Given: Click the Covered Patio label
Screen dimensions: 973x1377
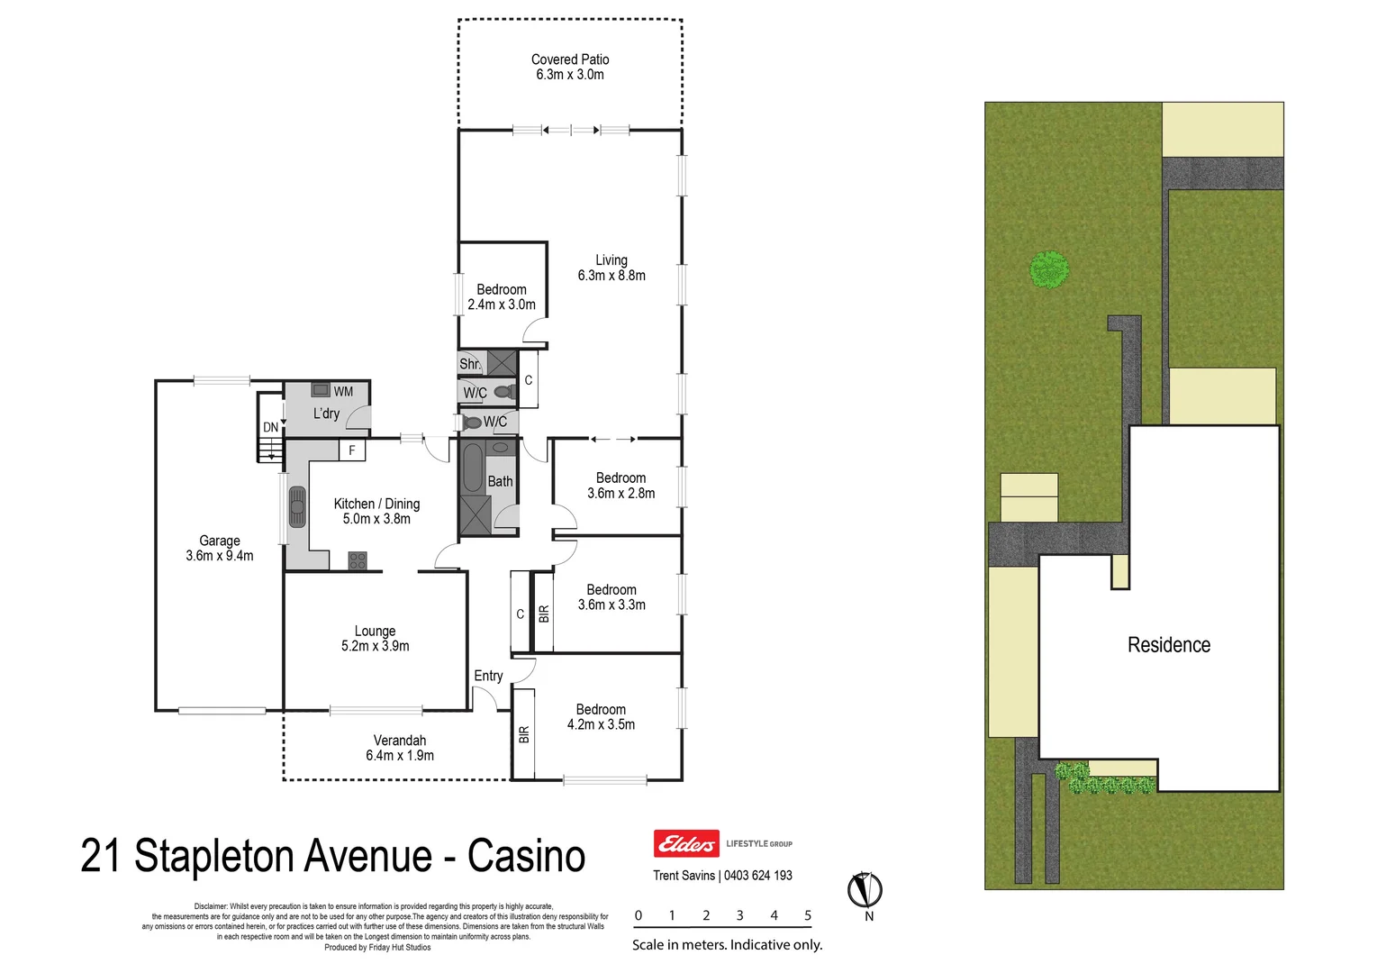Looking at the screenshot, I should coord(570,67).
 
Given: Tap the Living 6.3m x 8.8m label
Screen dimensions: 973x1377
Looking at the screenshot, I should coord(611,268).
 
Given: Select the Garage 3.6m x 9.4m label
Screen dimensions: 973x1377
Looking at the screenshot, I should coord(220,548).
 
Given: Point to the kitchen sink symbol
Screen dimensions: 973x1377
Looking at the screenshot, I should coord(297,506).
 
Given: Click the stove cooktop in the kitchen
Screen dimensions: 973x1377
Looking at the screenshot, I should coord(358,560).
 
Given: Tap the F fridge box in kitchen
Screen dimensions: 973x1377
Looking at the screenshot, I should coord(352,450).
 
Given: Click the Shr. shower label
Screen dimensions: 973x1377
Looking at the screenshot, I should coord(469,364).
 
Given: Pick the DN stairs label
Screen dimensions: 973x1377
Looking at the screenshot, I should coord(270,427).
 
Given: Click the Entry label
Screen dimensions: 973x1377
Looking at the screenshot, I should coord(488,676).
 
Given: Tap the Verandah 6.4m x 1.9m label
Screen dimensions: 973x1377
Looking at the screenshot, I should coord(400,748).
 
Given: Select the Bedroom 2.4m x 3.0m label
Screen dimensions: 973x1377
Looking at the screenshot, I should coord(502,296).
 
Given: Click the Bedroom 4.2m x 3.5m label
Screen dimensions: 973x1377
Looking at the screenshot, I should coord(601,716).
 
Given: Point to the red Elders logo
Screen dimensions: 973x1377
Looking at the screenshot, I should coord(686,843).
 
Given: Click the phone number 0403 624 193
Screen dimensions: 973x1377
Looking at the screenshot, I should coord(758,875).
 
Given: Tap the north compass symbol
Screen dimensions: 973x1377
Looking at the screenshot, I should coord(865,890).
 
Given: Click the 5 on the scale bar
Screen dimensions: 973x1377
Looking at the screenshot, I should coord(808,915).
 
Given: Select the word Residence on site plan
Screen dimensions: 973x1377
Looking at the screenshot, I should coord(1169,645).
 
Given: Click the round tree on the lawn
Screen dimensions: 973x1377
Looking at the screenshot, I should coord(1049,269).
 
